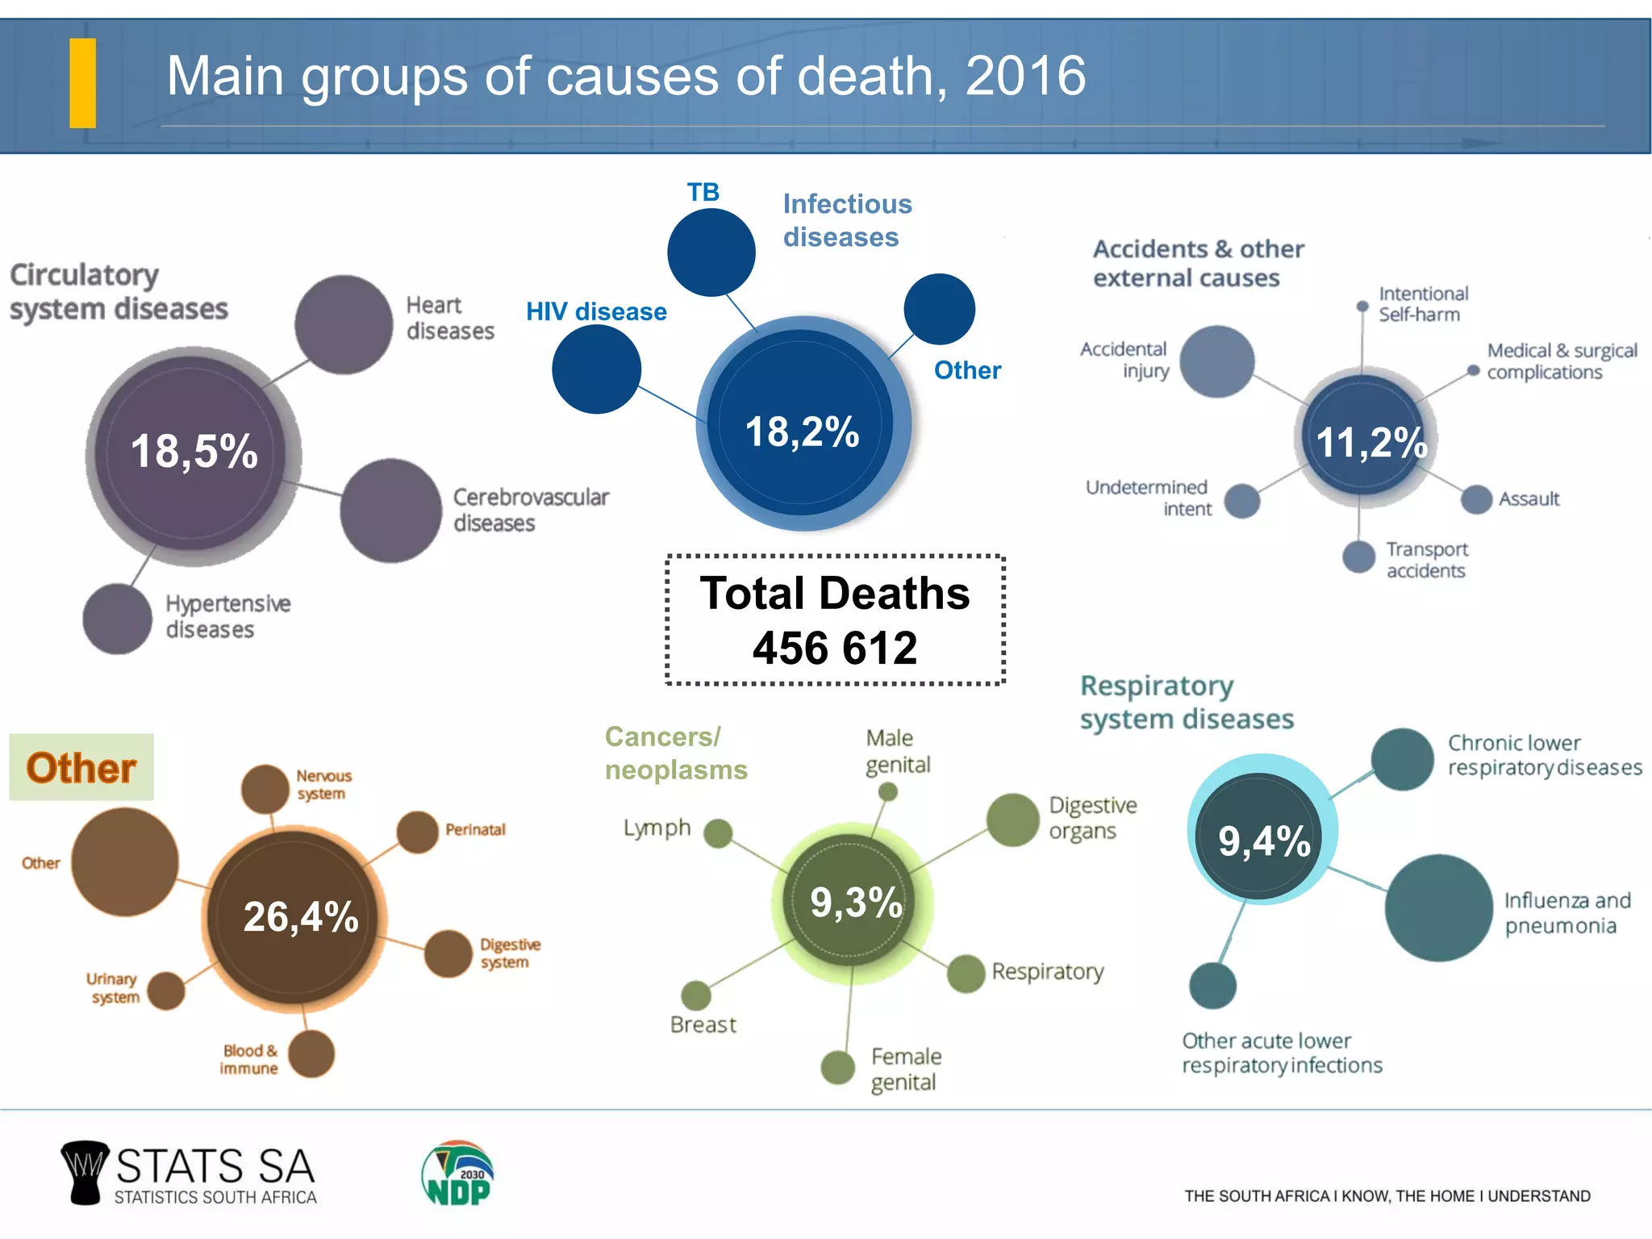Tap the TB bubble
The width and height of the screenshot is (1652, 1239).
(x=711, y=252)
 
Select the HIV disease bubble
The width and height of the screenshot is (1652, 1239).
(x=596, y=369)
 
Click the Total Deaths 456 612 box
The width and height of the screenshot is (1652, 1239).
(x=835, y=619)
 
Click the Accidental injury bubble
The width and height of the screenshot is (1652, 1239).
(x=1216, y=361)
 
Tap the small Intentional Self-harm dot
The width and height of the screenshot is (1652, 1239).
(x=1362, y=307)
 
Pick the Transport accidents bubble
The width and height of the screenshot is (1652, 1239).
(x=1358, y=557)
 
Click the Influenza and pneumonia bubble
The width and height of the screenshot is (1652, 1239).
(x=1438, y=907)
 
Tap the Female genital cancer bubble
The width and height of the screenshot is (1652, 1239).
(x=837, y=1067)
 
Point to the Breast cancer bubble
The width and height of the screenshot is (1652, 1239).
(x=695, y=995)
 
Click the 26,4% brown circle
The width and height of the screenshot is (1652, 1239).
(x=295, y=917)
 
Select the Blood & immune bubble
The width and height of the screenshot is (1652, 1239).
(x=311, y=1053)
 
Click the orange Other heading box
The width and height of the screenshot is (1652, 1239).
(x=81, y=767)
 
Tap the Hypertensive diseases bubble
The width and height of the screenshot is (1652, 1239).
(x=118, y=619)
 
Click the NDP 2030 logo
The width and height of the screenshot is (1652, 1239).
(x=457, y=1174)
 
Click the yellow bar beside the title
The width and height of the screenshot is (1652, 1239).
(x=83, y=83)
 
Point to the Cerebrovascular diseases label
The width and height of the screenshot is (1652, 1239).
(x=530, y=510)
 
